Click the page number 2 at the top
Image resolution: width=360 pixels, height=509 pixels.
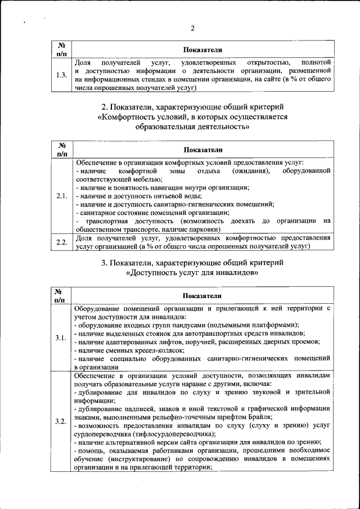point(192,29)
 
